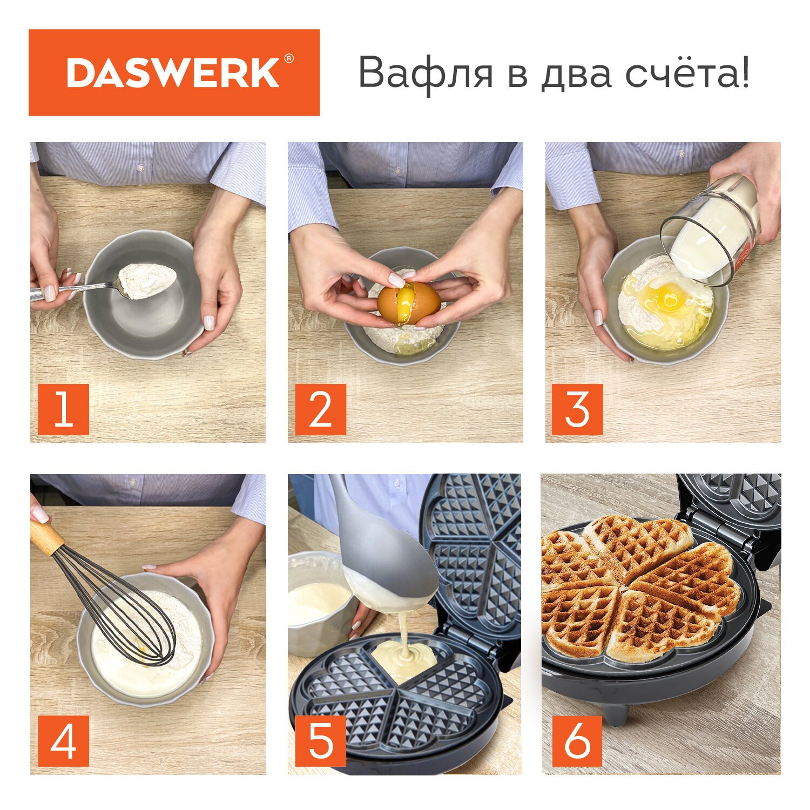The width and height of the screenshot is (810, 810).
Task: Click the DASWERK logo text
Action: tap(173, 73)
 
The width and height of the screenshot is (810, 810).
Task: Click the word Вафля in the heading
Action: tap(426, 73)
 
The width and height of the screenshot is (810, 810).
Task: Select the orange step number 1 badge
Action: tap(63, 409)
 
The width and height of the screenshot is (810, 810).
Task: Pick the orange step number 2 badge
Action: tap(321, 409)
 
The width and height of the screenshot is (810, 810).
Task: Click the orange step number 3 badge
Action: tap(577, 409)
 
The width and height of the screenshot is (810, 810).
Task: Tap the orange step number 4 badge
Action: tap(63, 741)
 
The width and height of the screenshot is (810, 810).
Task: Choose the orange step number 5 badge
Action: tap(321, 741)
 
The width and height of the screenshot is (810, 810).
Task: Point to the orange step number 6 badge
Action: tap(577, 741)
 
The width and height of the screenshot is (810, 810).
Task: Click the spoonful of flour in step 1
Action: tap(146, 280)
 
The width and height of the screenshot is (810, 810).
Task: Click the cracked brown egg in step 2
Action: tap(409, 304)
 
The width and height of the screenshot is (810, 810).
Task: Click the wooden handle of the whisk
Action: tap(47, 538)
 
